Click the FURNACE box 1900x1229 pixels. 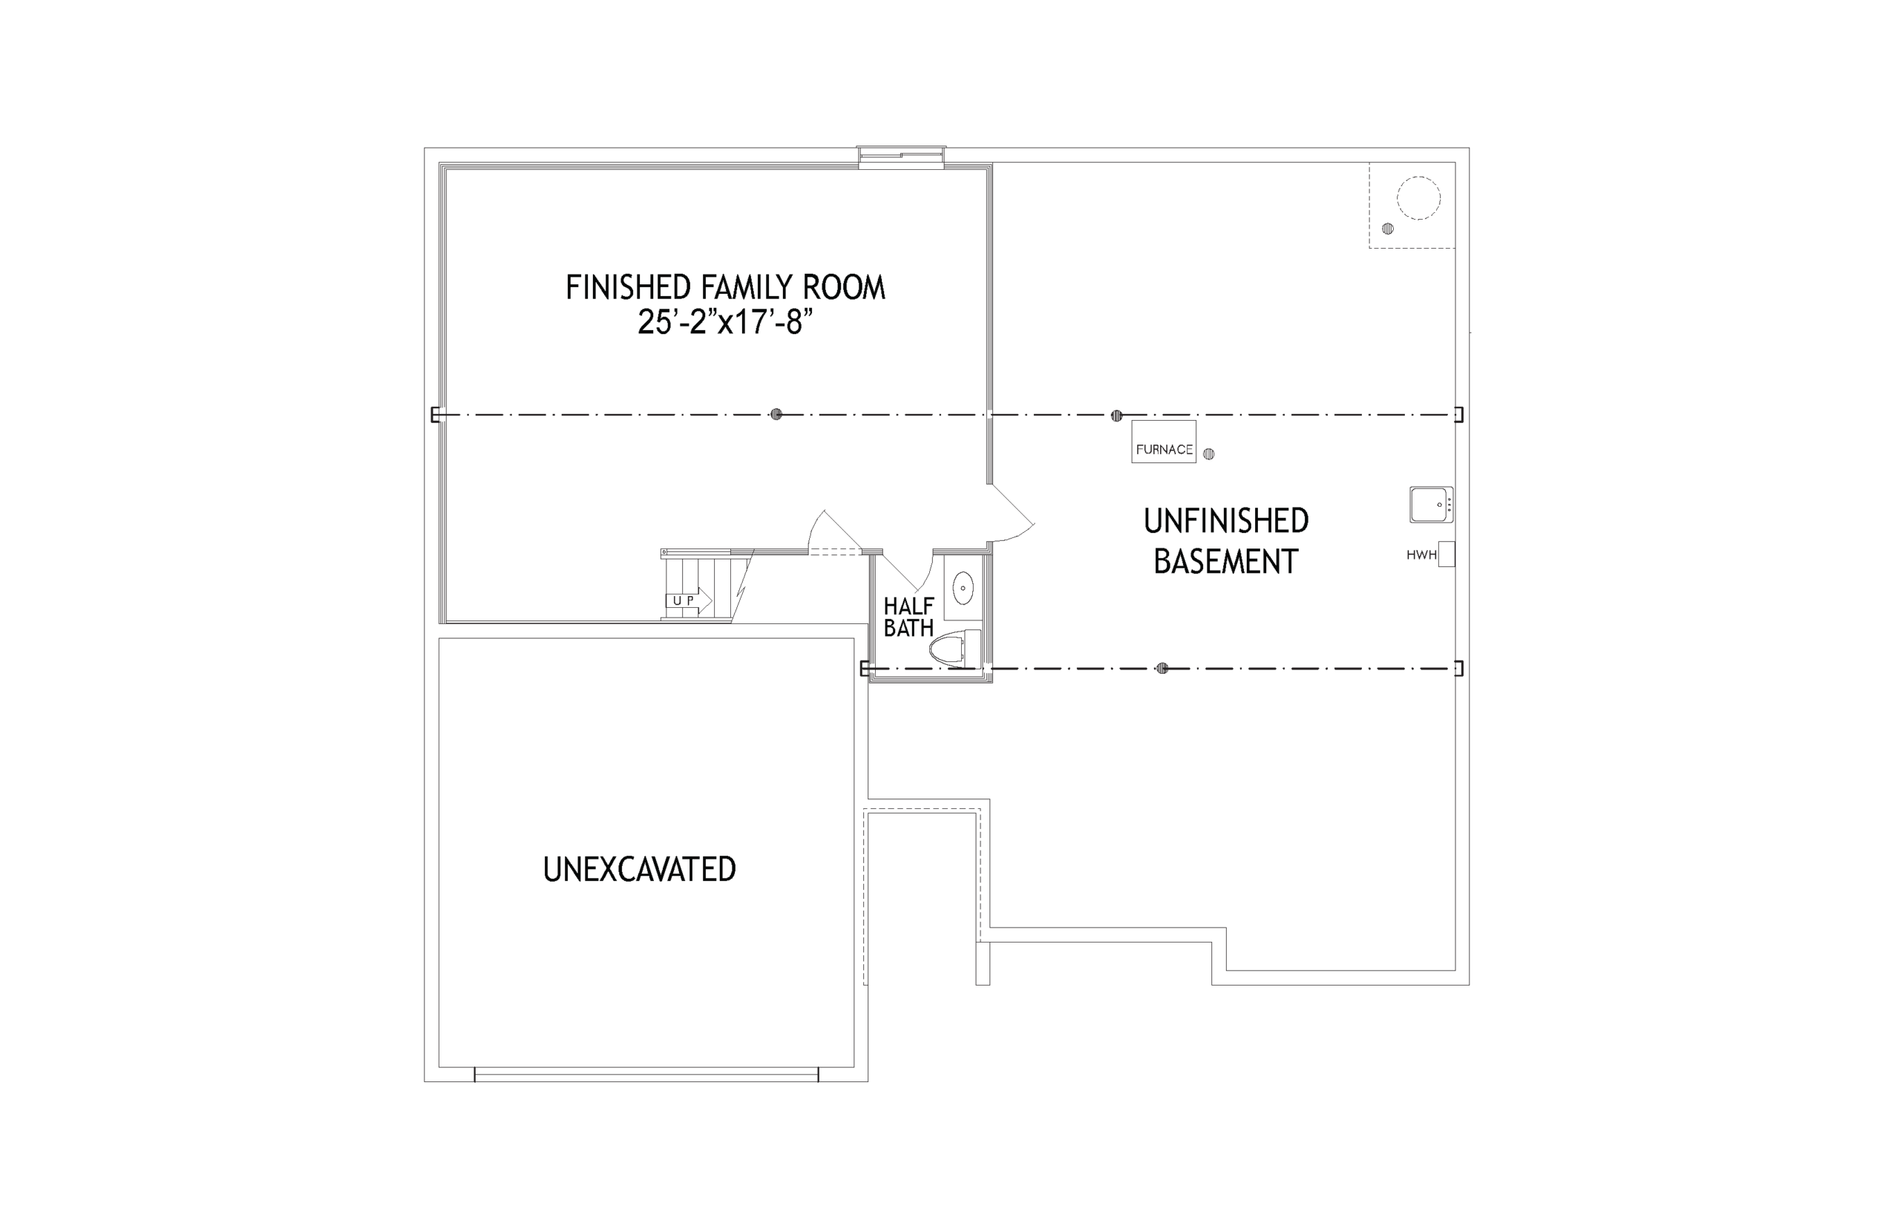pos(1163,442)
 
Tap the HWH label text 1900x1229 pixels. pos(1421,555)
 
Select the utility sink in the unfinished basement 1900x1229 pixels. pos(1431,505)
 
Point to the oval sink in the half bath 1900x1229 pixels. pos(964,589)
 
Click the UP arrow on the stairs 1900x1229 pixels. pos(689,600)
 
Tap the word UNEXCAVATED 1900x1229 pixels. pos(639,870)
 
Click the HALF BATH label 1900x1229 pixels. pos(908,617)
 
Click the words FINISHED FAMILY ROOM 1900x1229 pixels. pos(725,287)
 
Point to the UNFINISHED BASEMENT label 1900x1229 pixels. pos(1225,541)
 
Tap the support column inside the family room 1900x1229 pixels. pos(776,414)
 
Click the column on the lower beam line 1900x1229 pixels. pos(1162,668)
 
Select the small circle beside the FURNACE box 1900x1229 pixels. pos(1209,454)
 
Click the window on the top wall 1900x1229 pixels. pos(901,157)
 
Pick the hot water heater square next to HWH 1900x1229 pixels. pos(1446,554)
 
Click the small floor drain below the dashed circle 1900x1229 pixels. pos(1388,229)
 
